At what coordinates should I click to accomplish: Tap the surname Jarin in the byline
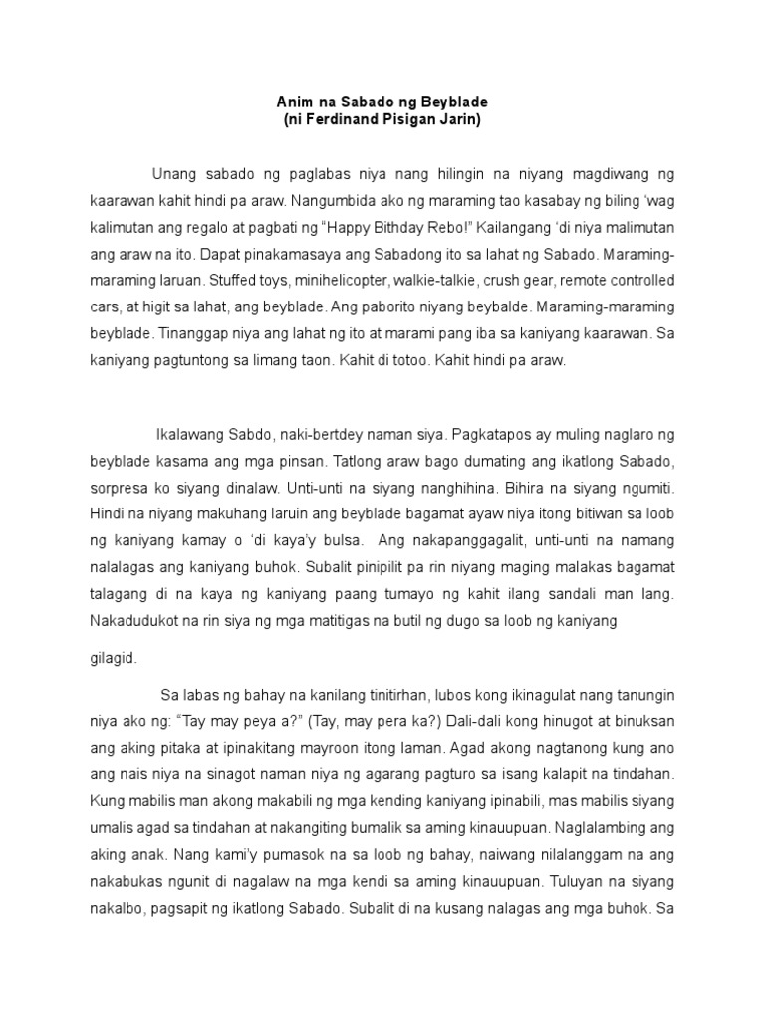click(x=462, y=120)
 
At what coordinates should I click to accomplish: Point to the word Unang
click(x=176, y=174)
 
